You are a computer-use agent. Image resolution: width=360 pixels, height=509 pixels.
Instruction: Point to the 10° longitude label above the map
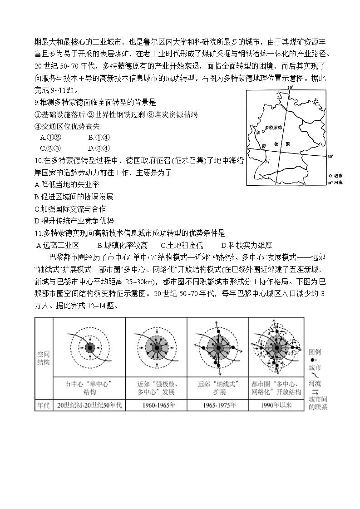[x=290, y=87]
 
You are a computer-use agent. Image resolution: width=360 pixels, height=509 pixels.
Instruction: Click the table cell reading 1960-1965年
[x=156, y=405]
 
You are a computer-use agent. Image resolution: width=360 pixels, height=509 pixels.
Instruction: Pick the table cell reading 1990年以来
[x=276, y=405]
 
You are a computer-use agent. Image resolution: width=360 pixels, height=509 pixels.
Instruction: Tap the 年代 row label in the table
[x=44, y=405]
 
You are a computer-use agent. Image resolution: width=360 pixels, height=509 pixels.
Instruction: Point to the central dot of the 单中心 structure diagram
[x=89, y=348]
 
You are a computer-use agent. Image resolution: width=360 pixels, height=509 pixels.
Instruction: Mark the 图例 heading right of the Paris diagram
[x=315, y=352]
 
